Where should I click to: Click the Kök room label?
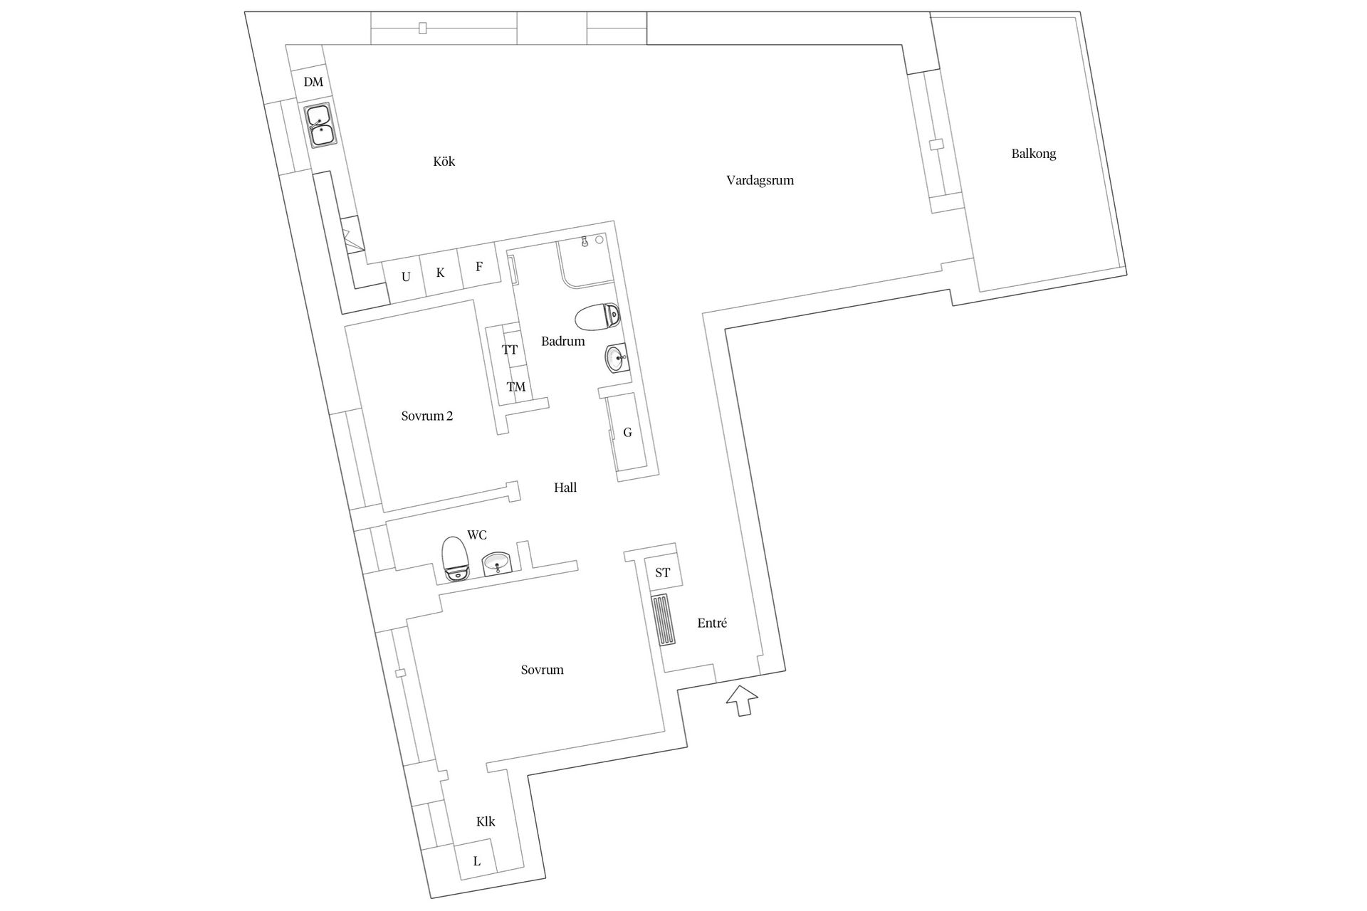coord(444,162)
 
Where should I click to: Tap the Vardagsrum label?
coord(760,181)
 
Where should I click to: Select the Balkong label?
coord(1033,154)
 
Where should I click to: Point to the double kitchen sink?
coord(320,126)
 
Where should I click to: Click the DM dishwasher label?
coord(313,82)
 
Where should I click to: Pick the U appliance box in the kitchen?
coord(405,278)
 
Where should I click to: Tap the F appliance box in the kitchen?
coord(479,267)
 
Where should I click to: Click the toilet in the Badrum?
coord(597,317)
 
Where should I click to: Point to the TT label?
coord(510,350)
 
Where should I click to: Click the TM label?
coord(516,387)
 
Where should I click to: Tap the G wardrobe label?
coord(627,432)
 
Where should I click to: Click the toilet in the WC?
coord(455,558)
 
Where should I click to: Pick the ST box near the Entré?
coord(663,572)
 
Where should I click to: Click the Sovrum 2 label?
coord(427,416)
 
